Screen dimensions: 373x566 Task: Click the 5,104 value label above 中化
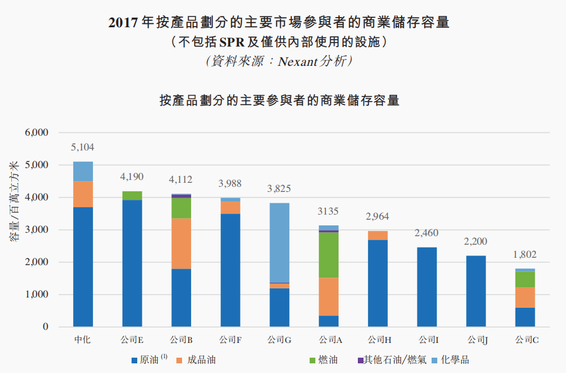click(x=82, y=148)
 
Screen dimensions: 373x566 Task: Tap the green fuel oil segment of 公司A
click(x=328, y=255)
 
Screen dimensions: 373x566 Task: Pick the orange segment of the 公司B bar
click(x=181, y=244)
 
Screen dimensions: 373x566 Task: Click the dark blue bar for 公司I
click(x=427, y=287)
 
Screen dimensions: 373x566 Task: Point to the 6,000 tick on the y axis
click(x=37, y=133)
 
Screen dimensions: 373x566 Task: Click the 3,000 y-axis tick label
click(x=37, y=230)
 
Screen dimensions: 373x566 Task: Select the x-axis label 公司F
click(x=230, y=341)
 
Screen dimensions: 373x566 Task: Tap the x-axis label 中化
click(x=82, y=341)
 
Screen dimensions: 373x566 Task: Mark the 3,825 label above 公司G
click(x=279, y=189)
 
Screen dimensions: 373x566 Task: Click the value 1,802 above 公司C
click(x=525, y=255)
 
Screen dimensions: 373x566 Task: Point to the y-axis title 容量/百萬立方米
click(x=14, y=202)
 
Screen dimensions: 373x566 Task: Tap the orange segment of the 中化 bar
click(x=83, y=194)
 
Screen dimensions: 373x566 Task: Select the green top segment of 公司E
click(x=132, y=195)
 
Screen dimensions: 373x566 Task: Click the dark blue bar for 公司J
click(x=476, y=291)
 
